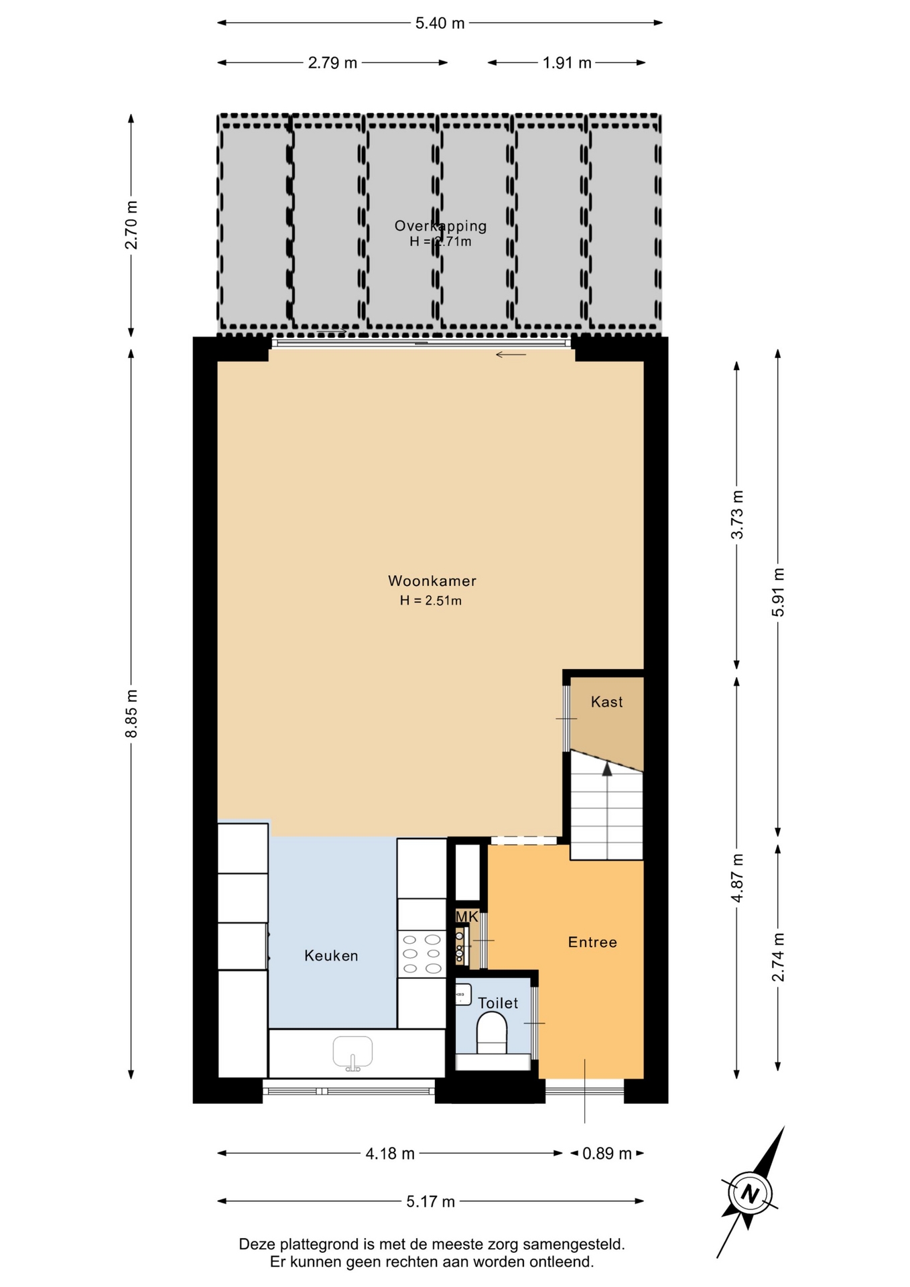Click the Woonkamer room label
(432, 581)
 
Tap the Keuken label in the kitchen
(331, 956)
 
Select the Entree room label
(592, 942)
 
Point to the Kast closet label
(607, 702)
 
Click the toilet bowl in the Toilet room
(493, 1033)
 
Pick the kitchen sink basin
(352, 1053)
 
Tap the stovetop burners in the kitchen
(422, 954)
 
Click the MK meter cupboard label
(467, 916)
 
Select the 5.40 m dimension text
(440, 23)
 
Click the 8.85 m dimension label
(131, 713)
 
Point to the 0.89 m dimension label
(607, 1154)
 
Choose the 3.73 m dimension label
(737, 515)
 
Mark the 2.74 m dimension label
(778, 957)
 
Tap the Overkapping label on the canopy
(440, 226)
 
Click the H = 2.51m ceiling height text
(431, 601)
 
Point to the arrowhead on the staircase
(607, 770)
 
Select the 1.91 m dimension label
(567, 63)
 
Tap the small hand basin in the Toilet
(463, 995)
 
